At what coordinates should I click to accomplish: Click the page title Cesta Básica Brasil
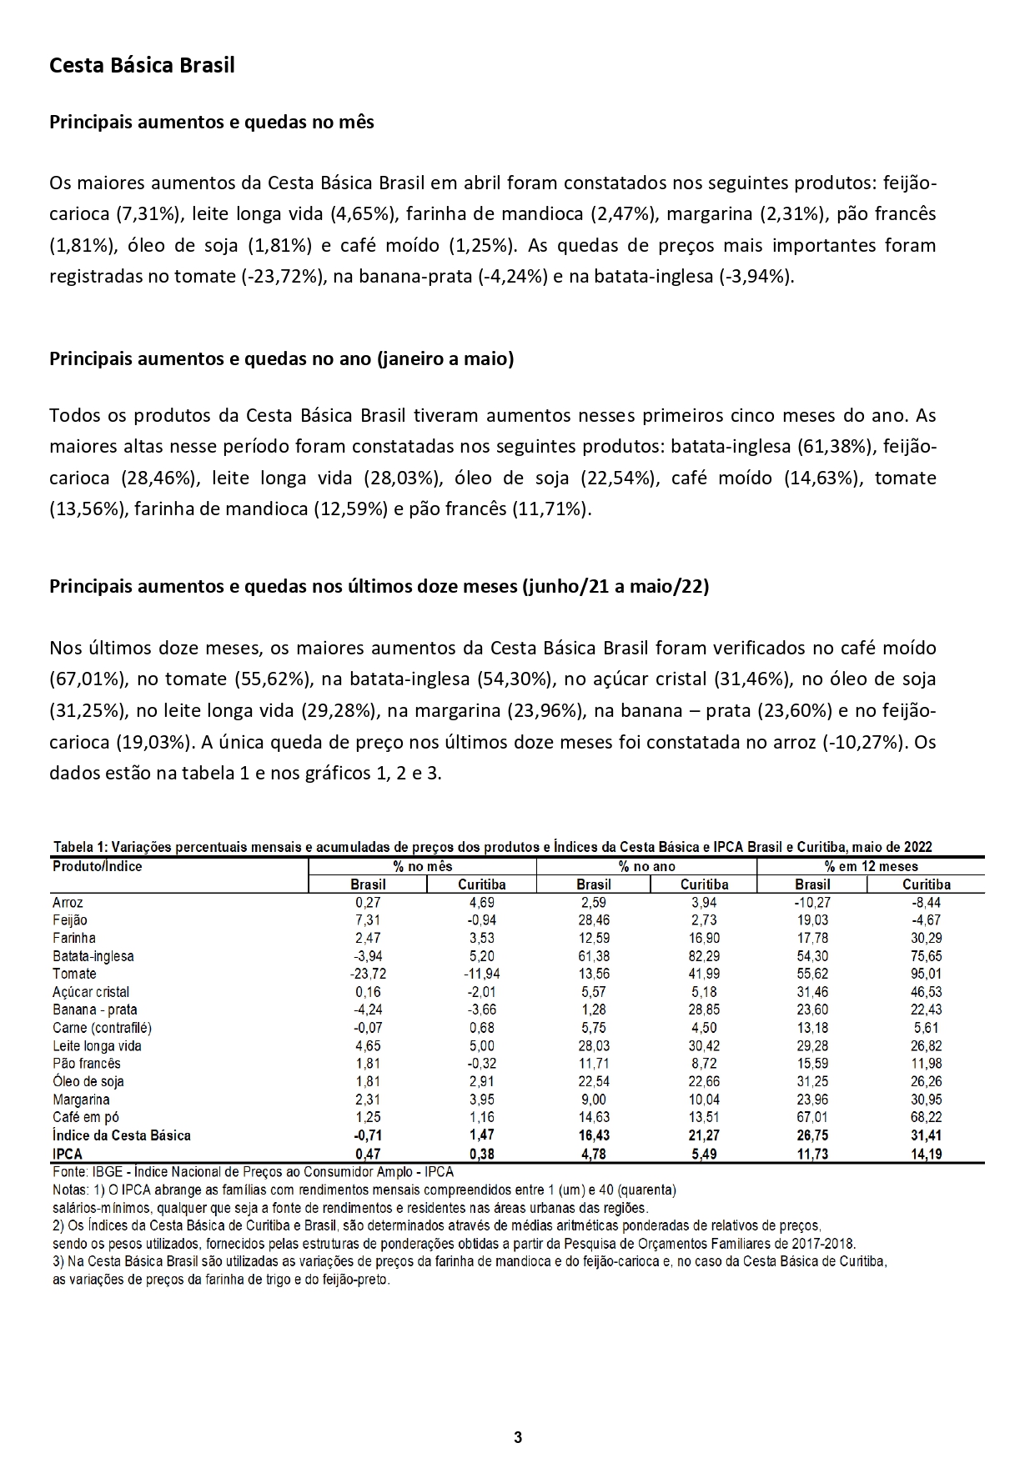142,65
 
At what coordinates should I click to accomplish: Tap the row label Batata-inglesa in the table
93,956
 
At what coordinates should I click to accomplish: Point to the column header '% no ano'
646,866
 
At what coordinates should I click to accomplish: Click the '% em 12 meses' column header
871,866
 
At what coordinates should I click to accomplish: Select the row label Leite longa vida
97,1045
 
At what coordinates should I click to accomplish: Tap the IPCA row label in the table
68,1155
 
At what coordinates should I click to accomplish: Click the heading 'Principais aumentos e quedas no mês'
212,123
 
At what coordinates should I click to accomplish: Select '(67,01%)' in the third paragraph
88,679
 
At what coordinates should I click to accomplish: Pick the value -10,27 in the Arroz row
812,902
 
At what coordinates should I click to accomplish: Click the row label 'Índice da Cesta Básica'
121,1135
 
